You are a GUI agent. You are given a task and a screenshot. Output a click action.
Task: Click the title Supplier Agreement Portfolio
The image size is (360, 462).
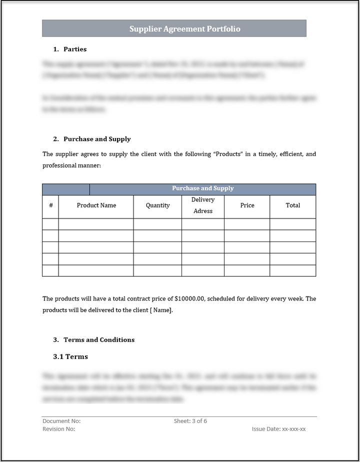point(184,29)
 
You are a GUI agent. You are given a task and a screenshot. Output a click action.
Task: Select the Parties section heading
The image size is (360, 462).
point(75,49)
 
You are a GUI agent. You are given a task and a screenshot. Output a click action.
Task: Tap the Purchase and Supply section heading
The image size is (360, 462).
point(97,139)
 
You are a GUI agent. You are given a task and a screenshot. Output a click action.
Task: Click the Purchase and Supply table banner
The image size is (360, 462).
point(202,188)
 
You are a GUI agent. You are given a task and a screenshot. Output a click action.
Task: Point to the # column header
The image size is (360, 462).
point(50,205)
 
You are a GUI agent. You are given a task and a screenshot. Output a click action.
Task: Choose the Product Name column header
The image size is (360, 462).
point(96,205)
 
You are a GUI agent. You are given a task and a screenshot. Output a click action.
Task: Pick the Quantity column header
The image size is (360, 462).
point(157,205)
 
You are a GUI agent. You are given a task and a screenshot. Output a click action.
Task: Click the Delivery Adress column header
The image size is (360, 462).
point(202,205)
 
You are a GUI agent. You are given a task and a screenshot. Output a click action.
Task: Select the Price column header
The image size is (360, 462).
point(247,205)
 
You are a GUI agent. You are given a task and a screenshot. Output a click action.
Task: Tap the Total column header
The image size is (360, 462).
point(292,205)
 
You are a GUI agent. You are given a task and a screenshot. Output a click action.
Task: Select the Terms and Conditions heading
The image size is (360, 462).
point(99,340)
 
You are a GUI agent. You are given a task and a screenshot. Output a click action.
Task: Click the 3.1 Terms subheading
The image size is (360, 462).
point(70,357)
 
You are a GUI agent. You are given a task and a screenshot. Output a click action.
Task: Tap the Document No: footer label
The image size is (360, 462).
point(61,421)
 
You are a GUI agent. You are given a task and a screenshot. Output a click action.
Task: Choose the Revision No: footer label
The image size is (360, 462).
point(59,429)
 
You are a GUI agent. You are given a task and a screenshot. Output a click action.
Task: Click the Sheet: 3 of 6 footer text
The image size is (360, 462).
point(190,421)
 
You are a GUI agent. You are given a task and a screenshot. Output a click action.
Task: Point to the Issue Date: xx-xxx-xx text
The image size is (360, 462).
point(278,429)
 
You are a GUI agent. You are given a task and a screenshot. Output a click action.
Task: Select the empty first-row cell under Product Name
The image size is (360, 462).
point(96,224)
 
